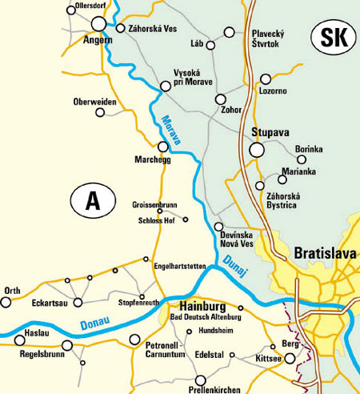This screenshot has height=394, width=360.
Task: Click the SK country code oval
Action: (330, 37)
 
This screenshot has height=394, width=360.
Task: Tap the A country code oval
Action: (93, 200)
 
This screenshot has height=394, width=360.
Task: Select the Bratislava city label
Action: (324, 253)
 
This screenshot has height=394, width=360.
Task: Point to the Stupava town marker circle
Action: (256, 149)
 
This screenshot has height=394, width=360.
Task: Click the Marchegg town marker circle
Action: (163, 147)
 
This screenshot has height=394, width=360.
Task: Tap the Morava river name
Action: (171, 128)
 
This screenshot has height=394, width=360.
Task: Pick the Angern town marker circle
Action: (99, 24)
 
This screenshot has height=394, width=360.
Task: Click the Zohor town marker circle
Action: (222, 99)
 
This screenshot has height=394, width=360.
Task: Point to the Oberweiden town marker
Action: (100, 112)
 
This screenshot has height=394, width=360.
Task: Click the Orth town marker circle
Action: (6, 303)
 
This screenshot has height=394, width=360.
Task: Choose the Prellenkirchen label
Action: (202, 390)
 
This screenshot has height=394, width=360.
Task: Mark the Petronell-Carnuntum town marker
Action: (134, 340)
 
